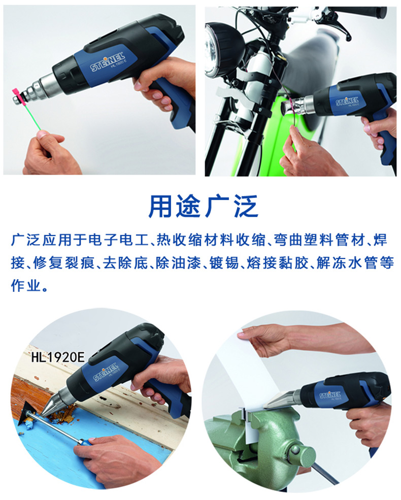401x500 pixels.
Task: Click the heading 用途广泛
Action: coord(203,206)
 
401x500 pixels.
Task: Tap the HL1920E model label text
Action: coord(58,357)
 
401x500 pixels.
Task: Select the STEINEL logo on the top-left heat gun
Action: coord(108,62)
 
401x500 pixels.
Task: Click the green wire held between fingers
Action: coord(31,114)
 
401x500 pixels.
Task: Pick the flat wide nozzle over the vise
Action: coord(282,398)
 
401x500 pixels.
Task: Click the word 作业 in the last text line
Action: coord(26,286)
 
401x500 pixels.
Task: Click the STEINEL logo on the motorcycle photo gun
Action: coord(347,102)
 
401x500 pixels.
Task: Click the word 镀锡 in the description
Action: coord(224,263)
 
